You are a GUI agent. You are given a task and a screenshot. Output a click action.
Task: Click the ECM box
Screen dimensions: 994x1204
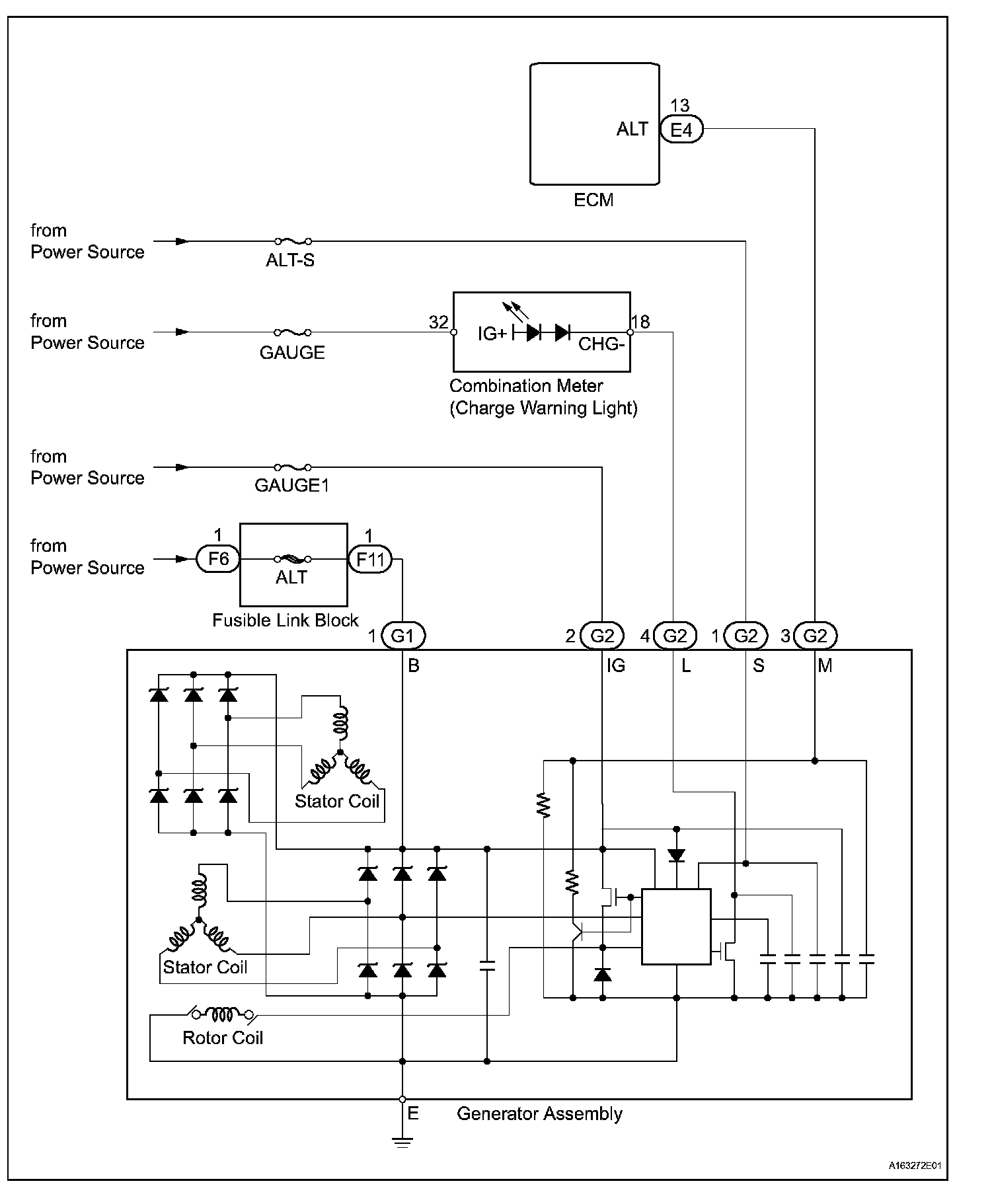(594, 124)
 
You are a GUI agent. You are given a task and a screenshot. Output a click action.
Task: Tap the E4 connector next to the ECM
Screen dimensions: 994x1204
(681, 130)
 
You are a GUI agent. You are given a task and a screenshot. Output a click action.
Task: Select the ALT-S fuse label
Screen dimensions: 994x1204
(290, 260)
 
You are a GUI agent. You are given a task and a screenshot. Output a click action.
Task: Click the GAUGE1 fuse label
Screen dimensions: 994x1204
(291, 486)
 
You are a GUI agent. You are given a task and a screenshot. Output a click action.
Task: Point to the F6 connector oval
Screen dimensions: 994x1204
(218, 559)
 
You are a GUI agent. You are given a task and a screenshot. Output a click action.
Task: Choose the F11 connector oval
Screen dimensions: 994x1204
(369, 560)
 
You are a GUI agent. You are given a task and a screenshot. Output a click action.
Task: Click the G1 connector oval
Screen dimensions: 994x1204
(402, 636)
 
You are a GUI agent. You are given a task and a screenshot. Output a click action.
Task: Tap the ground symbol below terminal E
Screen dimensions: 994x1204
(402, 1143)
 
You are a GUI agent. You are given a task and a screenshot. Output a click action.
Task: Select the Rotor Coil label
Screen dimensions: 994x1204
(223, 1038)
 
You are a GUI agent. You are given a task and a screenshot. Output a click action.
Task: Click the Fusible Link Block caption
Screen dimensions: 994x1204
(285, 620)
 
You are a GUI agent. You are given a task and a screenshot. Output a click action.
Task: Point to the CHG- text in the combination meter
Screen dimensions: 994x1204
(601, 344)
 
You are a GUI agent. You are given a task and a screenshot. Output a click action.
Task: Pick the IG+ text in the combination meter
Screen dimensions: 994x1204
(492, 334)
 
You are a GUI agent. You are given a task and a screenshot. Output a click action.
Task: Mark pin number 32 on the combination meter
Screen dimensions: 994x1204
(439, 322)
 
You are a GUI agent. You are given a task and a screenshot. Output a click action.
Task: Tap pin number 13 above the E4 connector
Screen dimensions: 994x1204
(679, 106)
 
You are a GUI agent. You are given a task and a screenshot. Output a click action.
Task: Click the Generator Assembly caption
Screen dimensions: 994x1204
(539, 1114)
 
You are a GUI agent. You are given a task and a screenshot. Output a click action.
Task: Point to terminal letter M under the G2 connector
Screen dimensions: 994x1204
(825, 666)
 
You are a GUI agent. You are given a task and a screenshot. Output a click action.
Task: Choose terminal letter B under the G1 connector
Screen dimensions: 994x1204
(414, 666)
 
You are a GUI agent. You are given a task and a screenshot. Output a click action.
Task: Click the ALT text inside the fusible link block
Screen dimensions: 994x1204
(291, 578)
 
